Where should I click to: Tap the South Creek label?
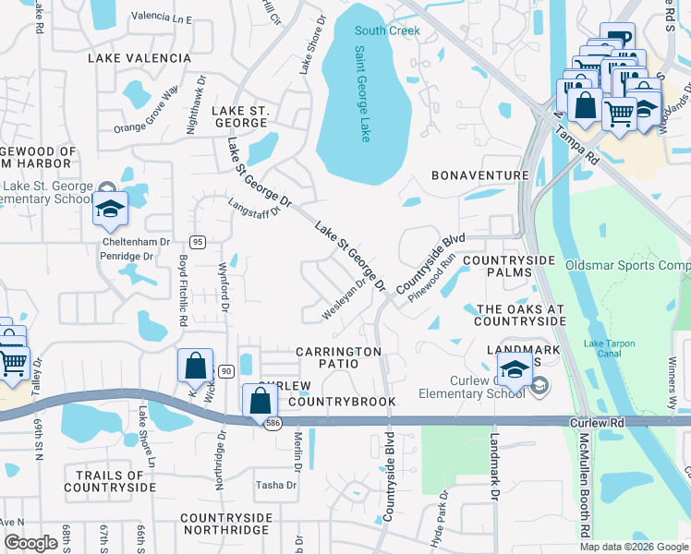click(x=388, y=30)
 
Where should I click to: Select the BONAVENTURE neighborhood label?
click(x=480, y=175)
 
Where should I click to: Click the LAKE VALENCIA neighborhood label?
click(x=139, y=58)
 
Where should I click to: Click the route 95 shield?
click(x=198, y=241)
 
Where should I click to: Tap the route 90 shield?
click(x=224, y=370)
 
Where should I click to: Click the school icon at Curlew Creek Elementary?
click(x=514, y=371)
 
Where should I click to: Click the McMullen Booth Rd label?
click(x=586, y=488)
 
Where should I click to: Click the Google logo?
click(x=31, y=543)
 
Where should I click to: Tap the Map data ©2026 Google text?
click(x=633, y=547)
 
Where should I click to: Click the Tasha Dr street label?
click(x=275, y=485)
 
